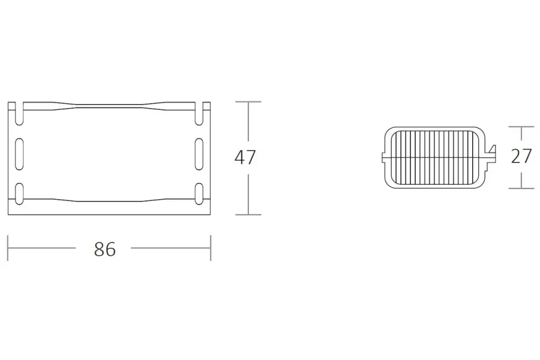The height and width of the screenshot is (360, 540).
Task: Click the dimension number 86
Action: pyautogui.click(x=105, y=249)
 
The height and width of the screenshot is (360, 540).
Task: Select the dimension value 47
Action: pyautogui.click(x=245, y=157)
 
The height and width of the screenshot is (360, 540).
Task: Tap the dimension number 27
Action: pyautogui.click(x=521, y=156)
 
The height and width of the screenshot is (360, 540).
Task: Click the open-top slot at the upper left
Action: pyautogui.click(x=19, y=113)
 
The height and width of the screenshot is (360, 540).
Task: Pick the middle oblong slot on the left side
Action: pyautogui.click(x=19, y=154)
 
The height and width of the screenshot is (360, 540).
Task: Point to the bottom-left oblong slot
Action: pyautogui.click(x=19, y=194)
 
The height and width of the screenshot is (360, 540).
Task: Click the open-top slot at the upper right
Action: pyautogui.click(x=199, y=113)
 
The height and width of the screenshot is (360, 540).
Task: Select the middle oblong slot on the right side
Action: pyautogui.click(x=199, y=154)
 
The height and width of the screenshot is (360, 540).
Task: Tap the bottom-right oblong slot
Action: pyautogui.click(x=199, y=194)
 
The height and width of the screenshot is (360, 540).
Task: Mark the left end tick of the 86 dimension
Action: pyautogui.click(x=8, y=248)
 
